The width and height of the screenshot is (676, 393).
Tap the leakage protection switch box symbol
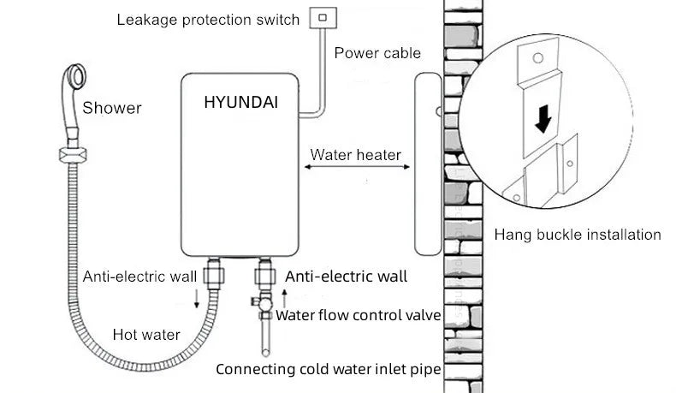[323, 16]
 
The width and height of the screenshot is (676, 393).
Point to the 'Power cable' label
[377, 53]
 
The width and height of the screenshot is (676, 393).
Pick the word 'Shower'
[112, 108]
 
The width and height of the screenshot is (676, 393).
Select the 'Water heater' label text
[355, 155]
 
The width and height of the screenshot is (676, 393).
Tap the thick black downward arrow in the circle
[542, 122]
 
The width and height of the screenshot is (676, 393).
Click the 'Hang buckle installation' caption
[578, 234]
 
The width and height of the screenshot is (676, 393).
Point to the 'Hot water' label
[146, 334]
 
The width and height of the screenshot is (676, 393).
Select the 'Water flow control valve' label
[357, 315]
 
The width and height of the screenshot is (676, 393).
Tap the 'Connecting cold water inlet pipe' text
[328, 370]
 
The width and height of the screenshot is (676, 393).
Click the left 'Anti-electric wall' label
[140, 276]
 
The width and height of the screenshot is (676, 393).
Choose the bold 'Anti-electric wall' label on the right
[346, 276]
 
